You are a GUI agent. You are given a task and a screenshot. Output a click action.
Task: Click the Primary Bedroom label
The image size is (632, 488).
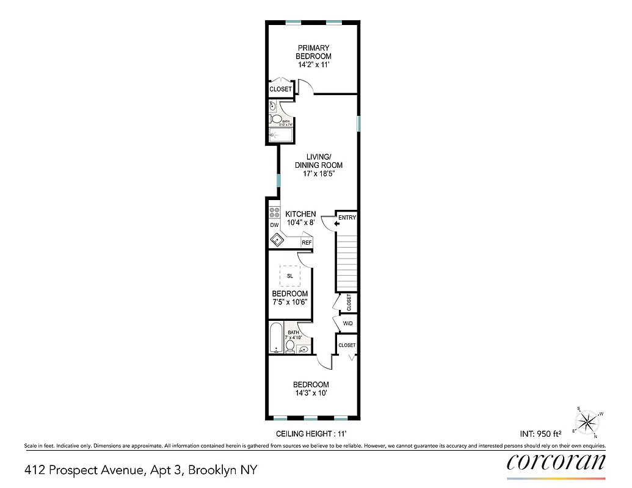314,52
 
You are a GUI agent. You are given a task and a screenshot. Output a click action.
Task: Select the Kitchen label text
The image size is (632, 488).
300,214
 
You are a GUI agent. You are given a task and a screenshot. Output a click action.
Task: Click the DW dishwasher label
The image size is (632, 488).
274,225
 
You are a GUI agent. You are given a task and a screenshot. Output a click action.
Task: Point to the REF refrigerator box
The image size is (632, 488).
307,243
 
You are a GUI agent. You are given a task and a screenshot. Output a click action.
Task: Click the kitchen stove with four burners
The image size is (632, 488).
274,213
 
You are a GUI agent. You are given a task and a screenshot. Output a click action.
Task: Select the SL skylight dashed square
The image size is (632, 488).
289,276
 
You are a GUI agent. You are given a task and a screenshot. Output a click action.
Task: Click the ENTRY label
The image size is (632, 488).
347,218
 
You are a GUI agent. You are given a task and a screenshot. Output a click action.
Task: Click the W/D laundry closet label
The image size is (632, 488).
347,323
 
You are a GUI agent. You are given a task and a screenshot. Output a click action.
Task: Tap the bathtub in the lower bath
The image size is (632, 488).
275,339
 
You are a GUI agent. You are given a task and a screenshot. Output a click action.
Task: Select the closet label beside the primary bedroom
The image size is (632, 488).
280,90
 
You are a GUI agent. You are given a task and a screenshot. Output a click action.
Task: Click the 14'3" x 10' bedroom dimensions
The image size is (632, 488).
311,393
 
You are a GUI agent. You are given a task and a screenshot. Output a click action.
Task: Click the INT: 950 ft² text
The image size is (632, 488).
540,434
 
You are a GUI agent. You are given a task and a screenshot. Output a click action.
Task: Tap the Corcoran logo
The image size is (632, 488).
556,462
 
